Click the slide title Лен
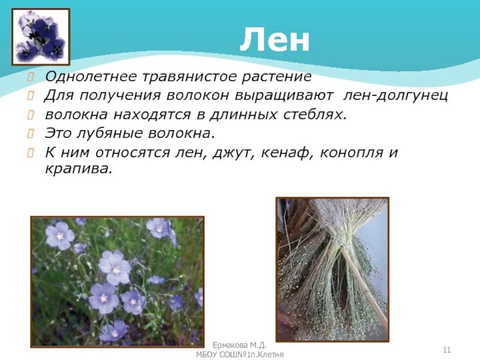point(274,41)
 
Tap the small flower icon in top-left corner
point(41,36)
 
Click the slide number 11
point(446,350)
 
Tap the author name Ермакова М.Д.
point(240,347)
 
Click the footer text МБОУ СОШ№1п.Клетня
point(240,355)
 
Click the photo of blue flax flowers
point(117,281)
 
